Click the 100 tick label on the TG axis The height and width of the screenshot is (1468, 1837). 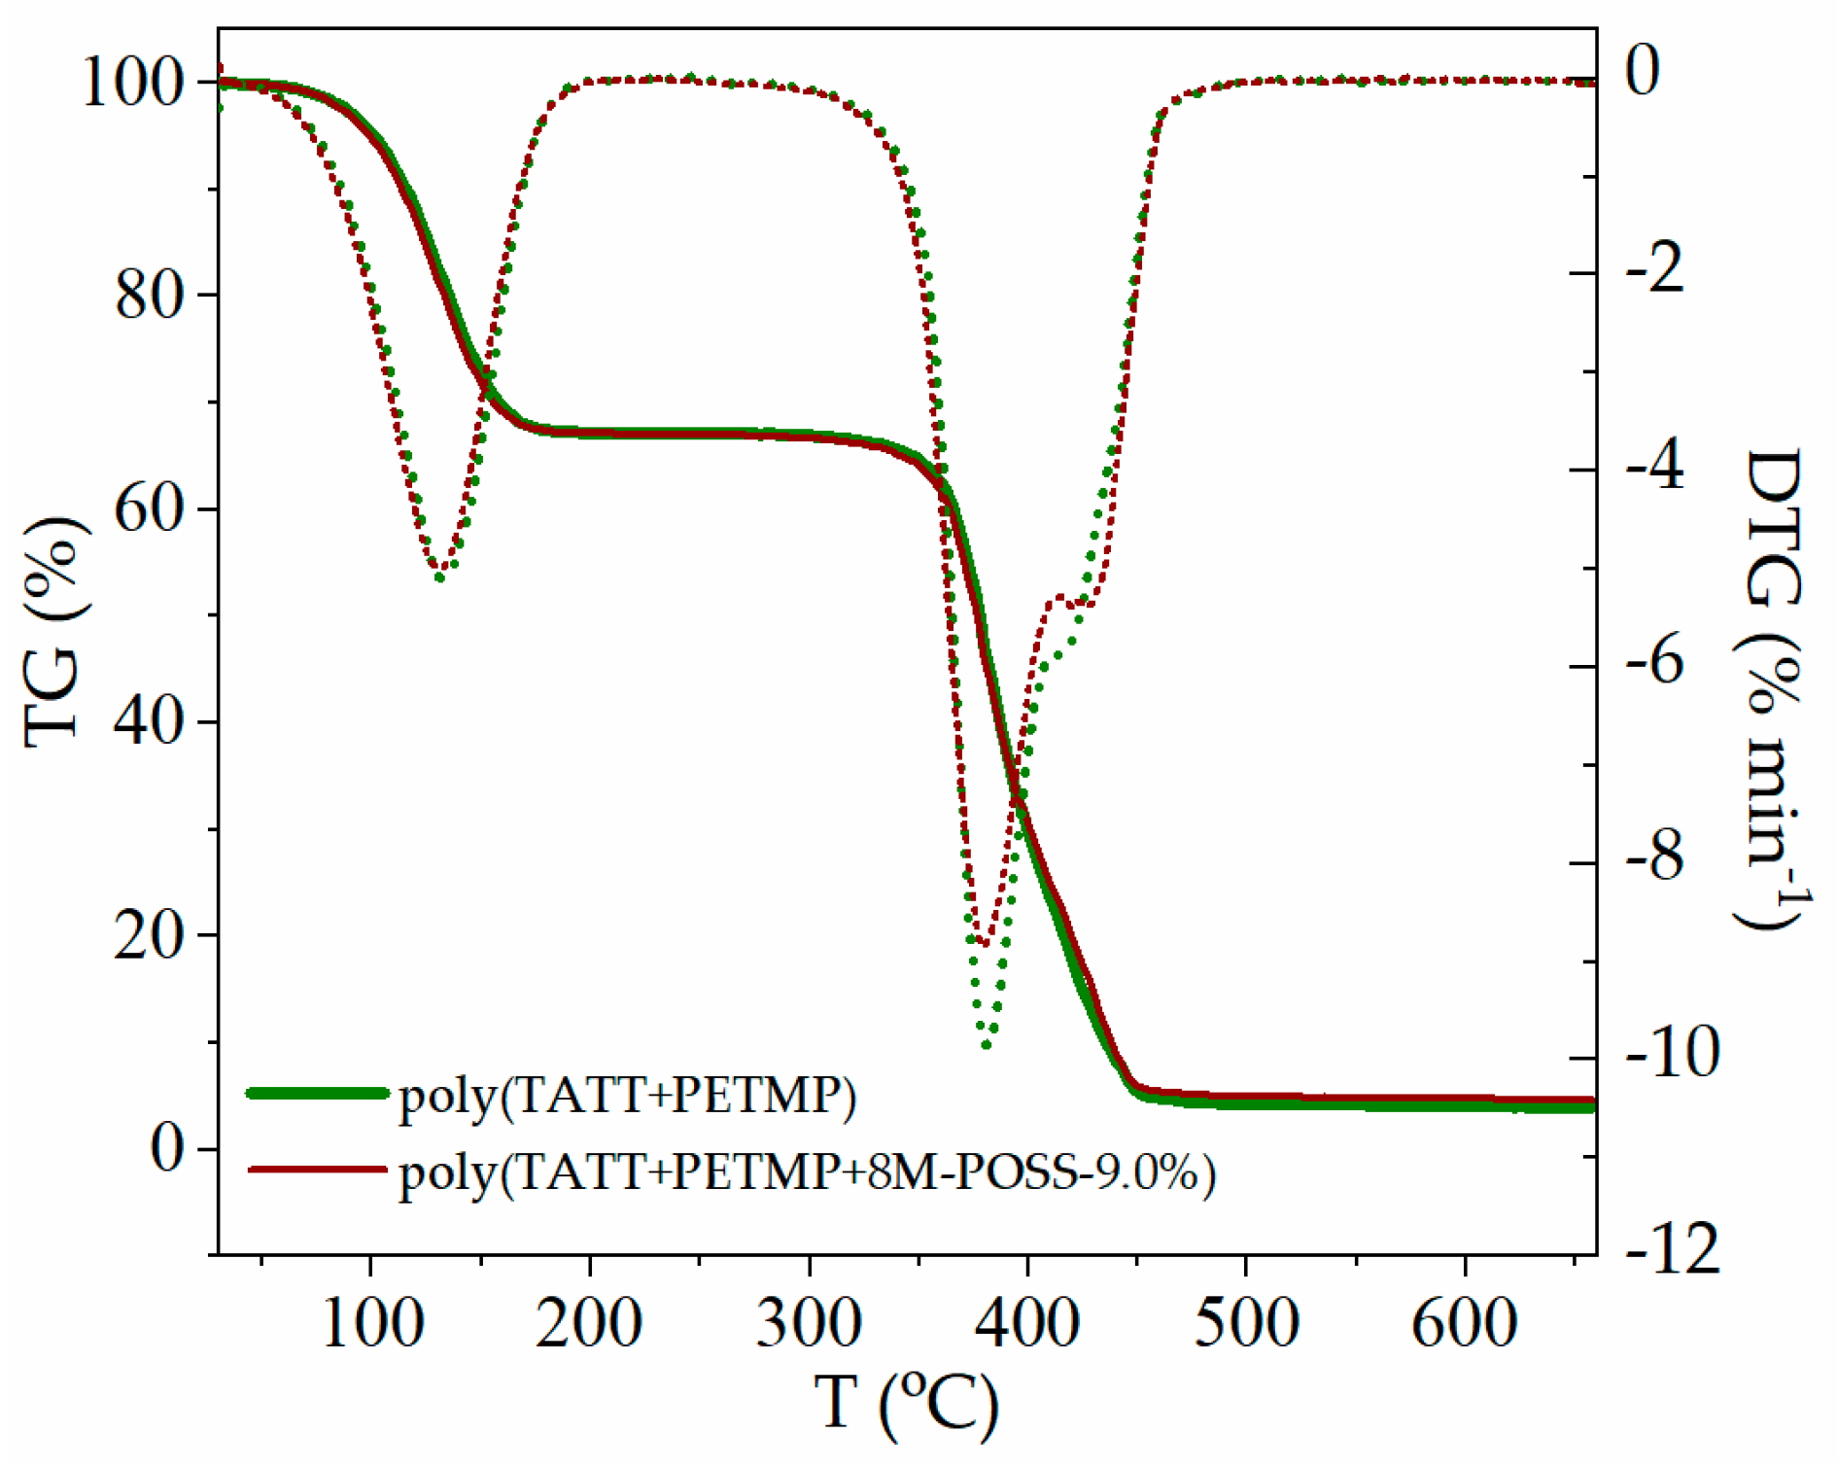[x=133, y=82]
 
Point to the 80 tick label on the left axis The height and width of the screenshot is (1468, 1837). [x=150, y=295]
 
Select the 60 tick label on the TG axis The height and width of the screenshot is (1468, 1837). [x=150, y=507]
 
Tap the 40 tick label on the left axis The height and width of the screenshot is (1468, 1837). [x=150, y=721]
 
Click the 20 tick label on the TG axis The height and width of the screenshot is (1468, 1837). [x=150, y=935]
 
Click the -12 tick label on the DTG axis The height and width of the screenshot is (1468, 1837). [x=1673, y=1250]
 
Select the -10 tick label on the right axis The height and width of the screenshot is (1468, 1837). [x=1673, y=1053]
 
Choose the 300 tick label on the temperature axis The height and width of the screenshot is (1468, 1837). [x=809, y=1323]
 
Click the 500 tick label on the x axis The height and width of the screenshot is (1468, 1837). [x=1246, y=1323]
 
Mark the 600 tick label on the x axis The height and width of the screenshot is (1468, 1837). [x=1465, y=1323]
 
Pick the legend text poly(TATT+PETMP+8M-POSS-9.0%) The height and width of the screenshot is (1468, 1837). [x=807, y=1172]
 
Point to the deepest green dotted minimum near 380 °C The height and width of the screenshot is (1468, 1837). [x=987, y=1045]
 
